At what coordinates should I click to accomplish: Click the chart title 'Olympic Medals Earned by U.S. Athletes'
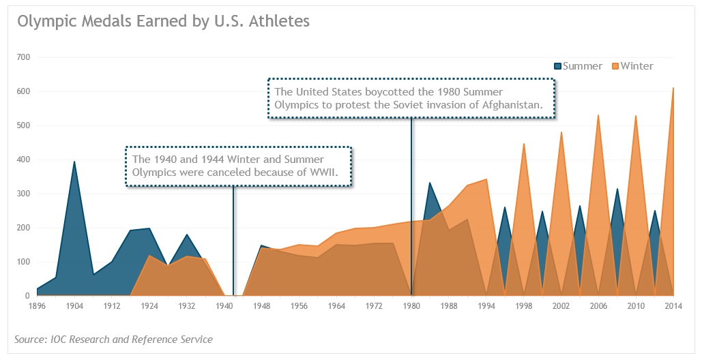tap(163, 21)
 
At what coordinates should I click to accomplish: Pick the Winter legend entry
tap(636, 66)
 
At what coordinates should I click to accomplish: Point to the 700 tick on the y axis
tap(23, 57)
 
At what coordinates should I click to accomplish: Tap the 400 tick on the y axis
tap(23, 160)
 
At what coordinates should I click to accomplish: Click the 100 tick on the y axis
tap(23, 262)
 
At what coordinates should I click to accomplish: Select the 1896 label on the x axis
tap(37, 306)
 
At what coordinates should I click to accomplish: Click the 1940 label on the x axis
tap(224, 306)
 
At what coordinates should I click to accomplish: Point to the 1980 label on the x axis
tap(411, 306)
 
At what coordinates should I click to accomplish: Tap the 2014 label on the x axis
tap(673, 306)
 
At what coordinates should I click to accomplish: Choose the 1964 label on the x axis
tap(336, 306)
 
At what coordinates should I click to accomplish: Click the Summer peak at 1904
tap(74, 162)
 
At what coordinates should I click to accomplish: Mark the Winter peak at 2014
tap(673, 88)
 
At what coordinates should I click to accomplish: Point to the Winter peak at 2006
tap(598, 115)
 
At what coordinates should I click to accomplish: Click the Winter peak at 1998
tap(524, 144)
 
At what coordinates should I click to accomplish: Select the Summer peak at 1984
tap(430, 183)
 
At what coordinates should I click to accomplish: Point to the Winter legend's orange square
tap(615, 66)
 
